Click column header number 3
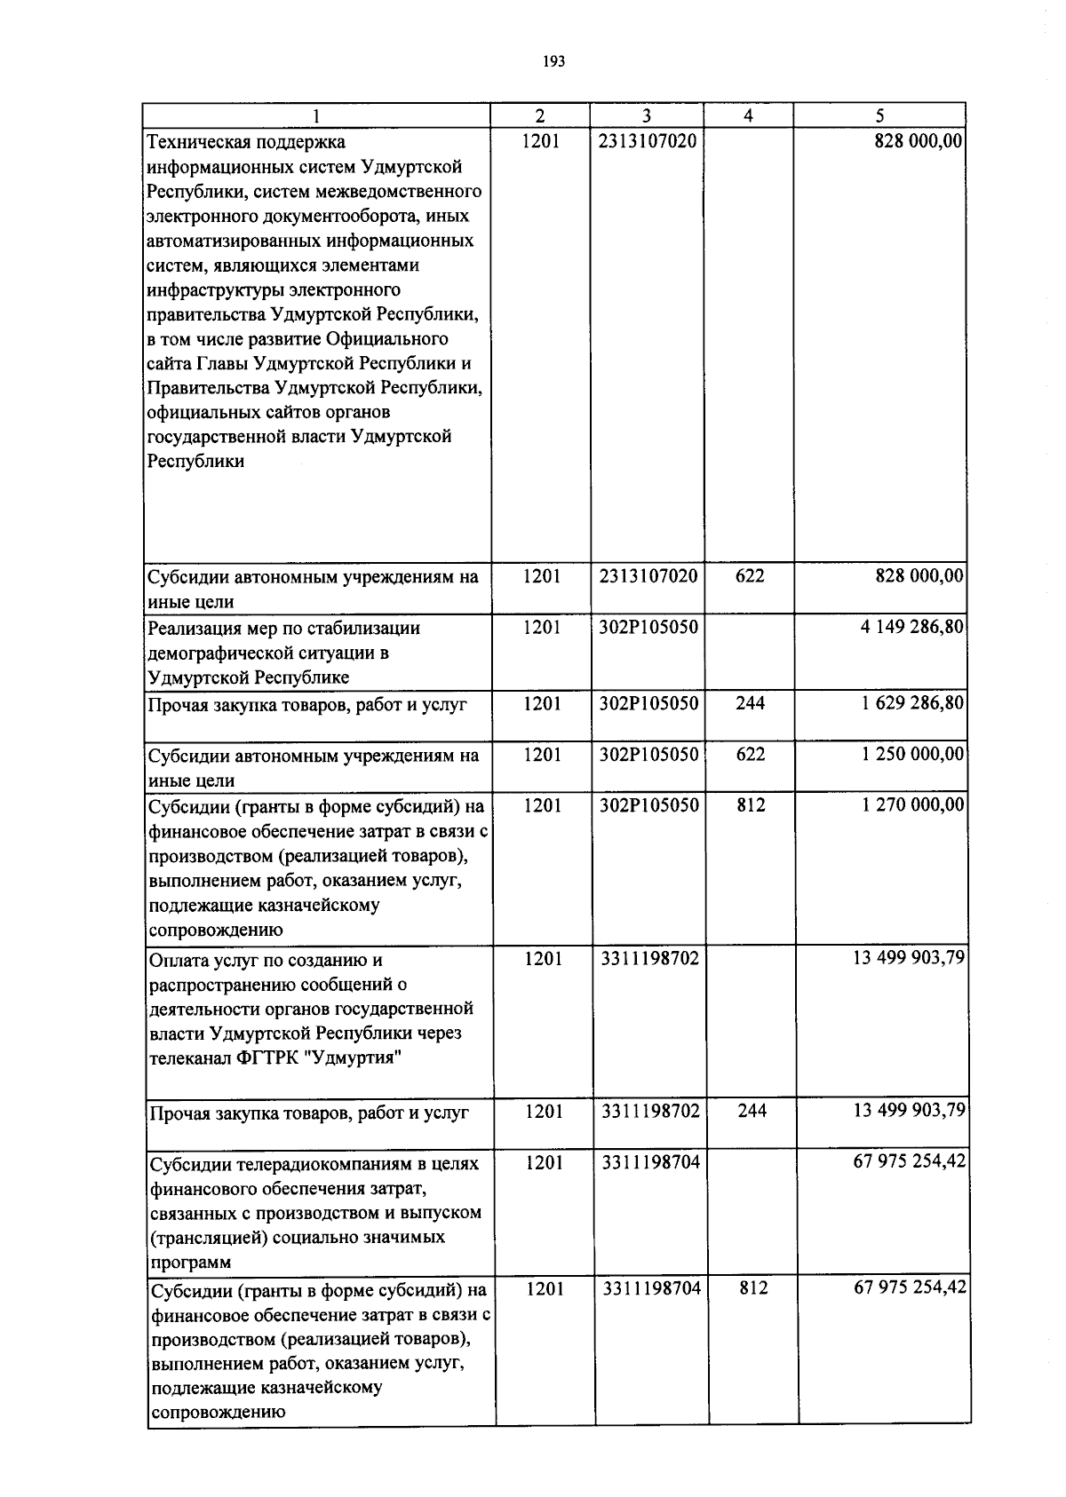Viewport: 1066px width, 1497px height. point(647,115)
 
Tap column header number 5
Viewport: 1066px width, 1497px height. point(879,115)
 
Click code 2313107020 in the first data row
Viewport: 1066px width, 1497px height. point(648,141)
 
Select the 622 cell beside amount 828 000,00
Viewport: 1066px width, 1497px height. point(750,576)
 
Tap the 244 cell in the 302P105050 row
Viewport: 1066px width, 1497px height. point(750,703)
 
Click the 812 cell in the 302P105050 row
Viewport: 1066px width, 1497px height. point(751,805)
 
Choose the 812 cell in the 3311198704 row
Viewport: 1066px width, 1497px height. point(752,1287)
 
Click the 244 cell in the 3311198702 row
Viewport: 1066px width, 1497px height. point(752,1111)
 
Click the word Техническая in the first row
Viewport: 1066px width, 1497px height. point(200,142)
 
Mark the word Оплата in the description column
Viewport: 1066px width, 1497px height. point(176,960)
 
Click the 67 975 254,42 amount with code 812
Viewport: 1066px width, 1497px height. point(909,1287)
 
